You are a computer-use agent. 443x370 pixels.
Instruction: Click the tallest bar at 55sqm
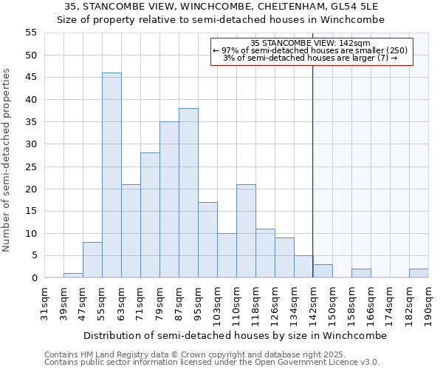pos(111,175)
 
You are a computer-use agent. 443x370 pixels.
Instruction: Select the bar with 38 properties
pos(188,193)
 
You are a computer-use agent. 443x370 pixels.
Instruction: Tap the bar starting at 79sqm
pos(169,200)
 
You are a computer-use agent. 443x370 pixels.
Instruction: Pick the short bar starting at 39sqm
pos(73,275)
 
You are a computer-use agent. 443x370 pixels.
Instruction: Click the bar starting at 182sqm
pos(419,273)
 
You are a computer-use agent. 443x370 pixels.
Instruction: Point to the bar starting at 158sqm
pos(361,273)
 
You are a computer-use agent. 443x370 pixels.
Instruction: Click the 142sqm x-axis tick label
pos(313,301)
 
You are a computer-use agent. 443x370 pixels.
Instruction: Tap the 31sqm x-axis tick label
pos(44,301)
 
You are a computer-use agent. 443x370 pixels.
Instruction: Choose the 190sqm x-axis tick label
pos(428,301)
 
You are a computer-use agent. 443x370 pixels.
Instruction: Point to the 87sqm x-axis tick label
pos(179,301)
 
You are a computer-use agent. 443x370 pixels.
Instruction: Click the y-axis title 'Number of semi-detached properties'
pos(7,160)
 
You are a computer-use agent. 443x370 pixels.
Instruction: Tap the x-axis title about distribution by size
pos(235,335)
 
